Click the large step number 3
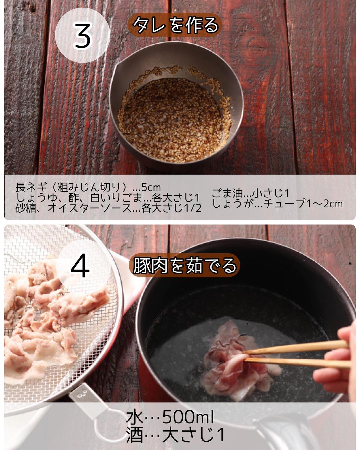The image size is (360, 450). tap(82, 36)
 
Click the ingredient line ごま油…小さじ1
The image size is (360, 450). tap(250, 193)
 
